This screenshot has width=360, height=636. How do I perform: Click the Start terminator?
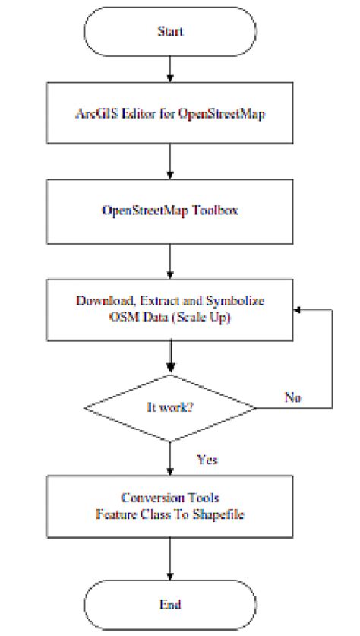pyautogui.click(x=170, y=33)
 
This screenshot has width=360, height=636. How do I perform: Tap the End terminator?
pyautogui.click(x=170, y=604)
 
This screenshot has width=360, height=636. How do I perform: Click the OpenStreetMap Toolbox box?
pyautogui.click(x=170, y=210)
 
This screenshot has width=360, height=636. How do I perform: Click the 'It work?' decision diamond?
pyautogui.click(x=170, y=407)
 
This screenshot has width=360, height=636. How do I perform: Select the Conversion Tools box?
pyautogui.click(x=170, y=506)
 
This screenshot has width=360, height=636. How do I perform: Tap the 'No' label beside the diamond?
pyautogui.click(x=295, y=397)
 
